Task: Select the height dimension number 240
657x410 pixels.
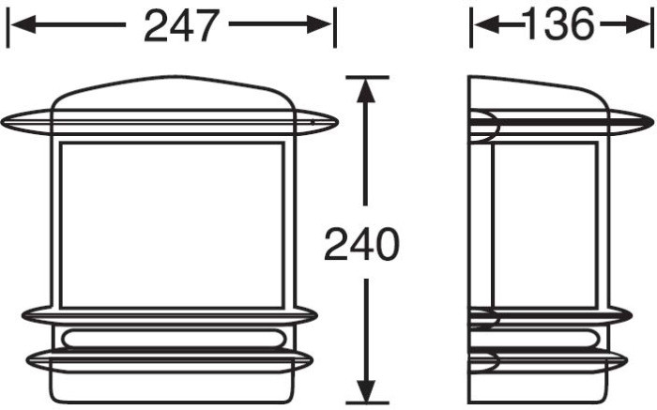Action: pyautogui.click(x=361, y=245)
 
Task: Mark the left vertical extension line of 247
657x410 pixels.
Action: pyautogui.click(x=8, y=26)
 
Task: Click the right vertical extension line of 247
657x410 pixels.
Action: pyautogui.click(x=334, y=26)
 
